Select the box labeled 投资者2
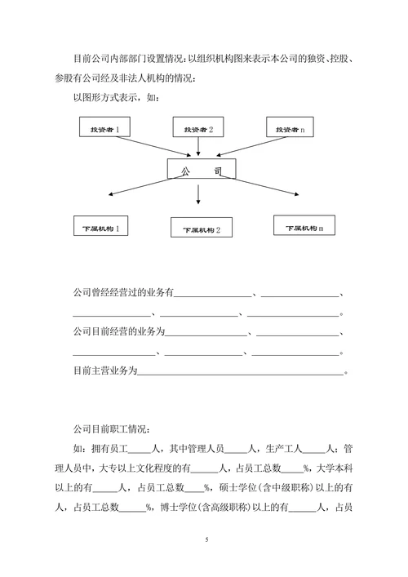(x=198, y=129)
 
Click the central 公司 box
(x=202, y=169)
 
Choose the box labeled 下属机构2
(x=201, y=229)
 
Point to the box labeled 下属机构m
(x=304, y=226)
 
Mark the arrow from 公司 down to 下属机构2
(x=198, y=193)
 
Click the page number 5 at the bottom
(x=206, y=540)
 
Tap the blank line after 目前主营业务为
(x=241, y=372)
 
